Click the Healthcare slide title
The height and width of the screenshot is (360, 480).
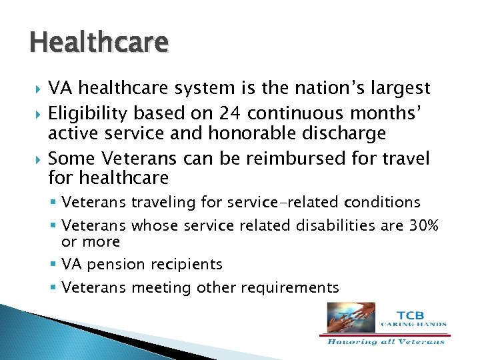(99, 43)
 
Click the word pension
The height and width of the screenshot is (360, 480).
(117, 265)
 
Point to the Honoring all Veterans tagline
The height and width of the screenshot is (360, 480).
(386, 342)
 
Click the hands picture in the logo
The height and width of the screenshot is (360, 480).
(351, 317)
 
